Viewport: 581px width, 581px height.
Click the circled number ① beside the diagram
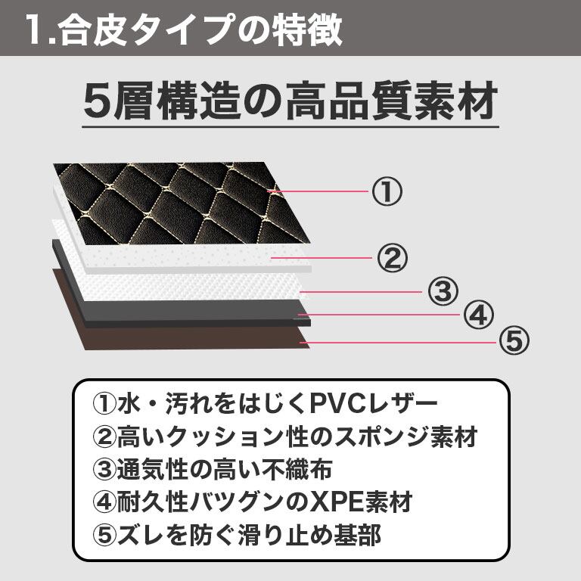click(x=386, y=192)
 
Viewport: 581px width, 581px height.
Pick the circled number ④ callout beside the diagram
click(x=477, y=314)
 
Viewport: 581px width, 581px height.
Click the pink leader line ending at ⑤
click(x=401, y=343)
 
